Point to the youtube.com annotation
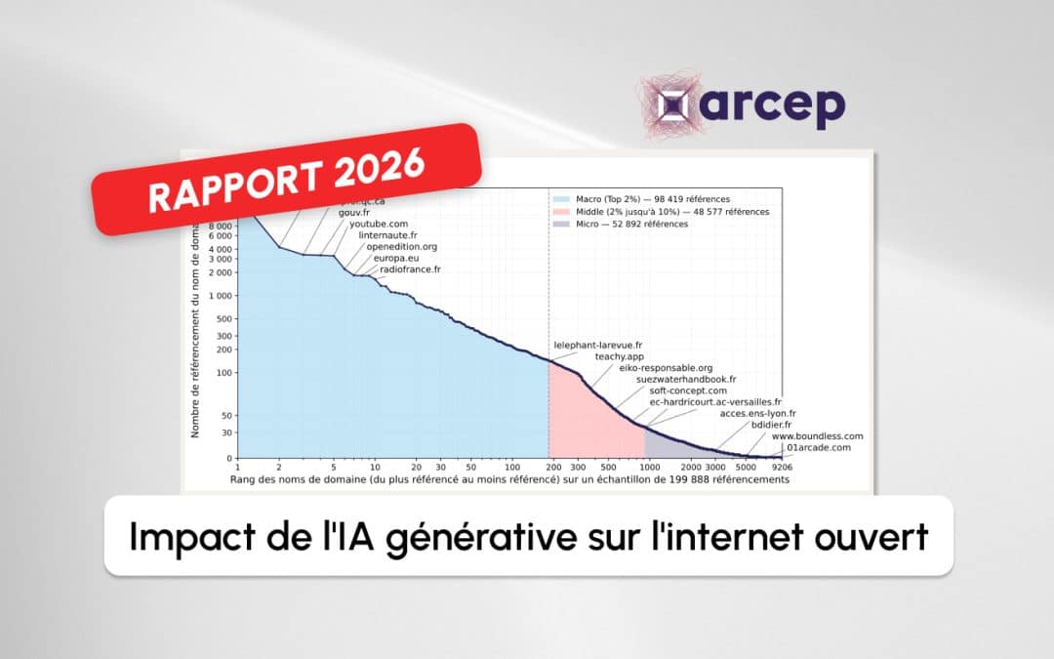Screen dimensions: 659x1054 pos(379,224)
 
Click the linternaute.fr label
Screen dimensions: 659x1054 pos(387,235)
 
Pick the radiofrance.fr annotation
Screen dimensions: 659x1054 pos(410,269)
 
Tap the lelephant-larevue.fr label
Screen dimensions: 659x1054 pos(598,345)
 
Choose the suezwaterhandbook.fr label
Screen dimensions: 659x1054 pos(686,379)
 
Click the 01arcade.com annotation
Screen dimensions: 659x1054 pos(819,447)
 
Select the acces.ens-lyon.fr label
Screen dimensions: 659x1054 pos(757,413)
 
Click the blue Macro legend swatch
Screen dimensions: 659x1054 pos(560,199)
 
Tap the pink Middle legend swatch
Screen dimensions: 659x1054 pos(560,212)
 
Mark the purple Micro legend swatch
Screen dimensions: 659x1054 pos(560,224)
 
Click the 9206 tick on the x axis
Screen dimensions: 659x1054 pos(781,468)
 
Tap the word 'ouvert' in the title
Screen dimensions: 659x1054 pos(875,536)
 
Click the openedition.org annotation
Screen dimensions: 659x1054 pos(401,247)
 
